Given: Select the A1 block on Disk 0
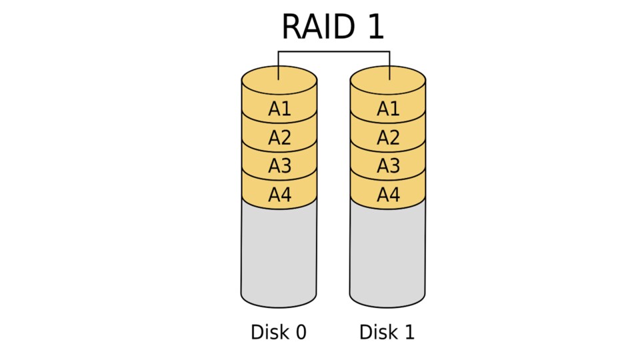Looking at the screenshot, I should click(x=279, y=109).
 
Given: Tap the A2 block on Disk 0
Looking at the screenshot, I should click(x=279, y=137).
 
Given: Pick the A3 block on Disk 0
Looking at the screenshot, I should click(x=279, y=166).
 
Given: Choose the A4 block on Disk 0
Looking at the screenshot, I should click(x=279, y=195).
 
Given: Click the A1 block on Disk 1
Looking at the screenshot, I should click(x=388, y=109).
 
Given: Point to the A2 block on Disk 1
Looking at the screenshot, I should click(x=388, y=137).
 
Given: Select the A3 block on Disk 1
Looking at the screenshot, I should click(x=388, y=166).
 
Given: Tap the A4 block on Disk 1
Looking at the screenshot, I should click(x=388, y=195).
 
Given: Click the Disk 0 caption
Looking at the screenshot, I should click(x=279, y=332).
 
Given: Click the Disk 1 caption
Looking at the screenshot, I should click(x=387, y=332).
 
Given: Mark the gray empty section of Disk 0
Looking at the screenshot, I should click(x=279, y=253).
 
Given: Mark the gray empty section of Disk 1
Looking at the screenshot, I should click(x=387, y=253).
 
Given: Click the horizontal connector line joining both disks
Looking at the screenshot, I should click(x=333, y=51).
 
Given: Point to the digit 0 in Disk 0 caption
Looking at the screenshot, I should click(x=300, y=332).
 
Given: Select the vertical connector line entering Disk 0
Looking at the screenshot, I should click(x=279, y=63).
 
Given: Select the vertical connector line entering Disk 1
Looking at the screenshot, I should click(x=389, y=63).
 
